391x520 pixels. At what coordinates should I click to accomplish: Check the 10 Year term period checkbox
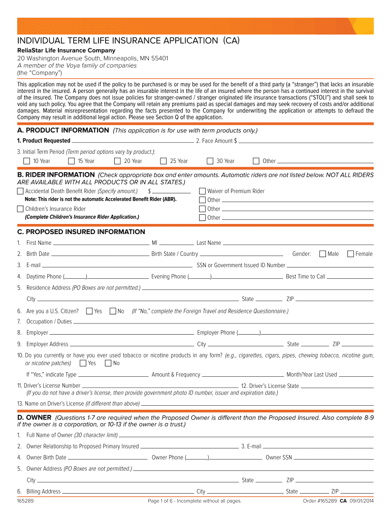coord(27,161)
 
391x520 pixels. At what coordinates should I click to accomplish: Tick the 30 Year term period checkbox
coord(210,161)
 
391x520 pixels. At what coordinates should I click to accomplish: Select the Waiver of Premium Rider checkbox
coord(202,191)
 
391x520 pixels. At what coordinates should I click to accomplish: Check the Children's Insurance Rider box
coord(20,209)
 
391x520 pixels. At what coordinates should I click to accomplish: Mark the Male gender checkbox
coord(322,254)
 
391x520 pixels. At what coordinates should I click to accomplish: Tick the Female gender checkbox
coord(350,254)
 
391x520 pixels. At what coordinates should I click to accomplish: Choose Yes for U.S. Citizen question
coord(89,311)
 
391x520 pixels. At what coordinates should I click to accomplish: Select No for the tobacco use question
coord(108,363)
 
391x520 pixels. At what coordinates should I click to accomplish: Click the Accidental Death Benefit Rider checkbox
coord(20,191)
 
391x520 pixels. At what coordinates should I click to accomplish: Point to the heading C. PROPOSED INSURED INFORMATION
coord(81,232)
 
